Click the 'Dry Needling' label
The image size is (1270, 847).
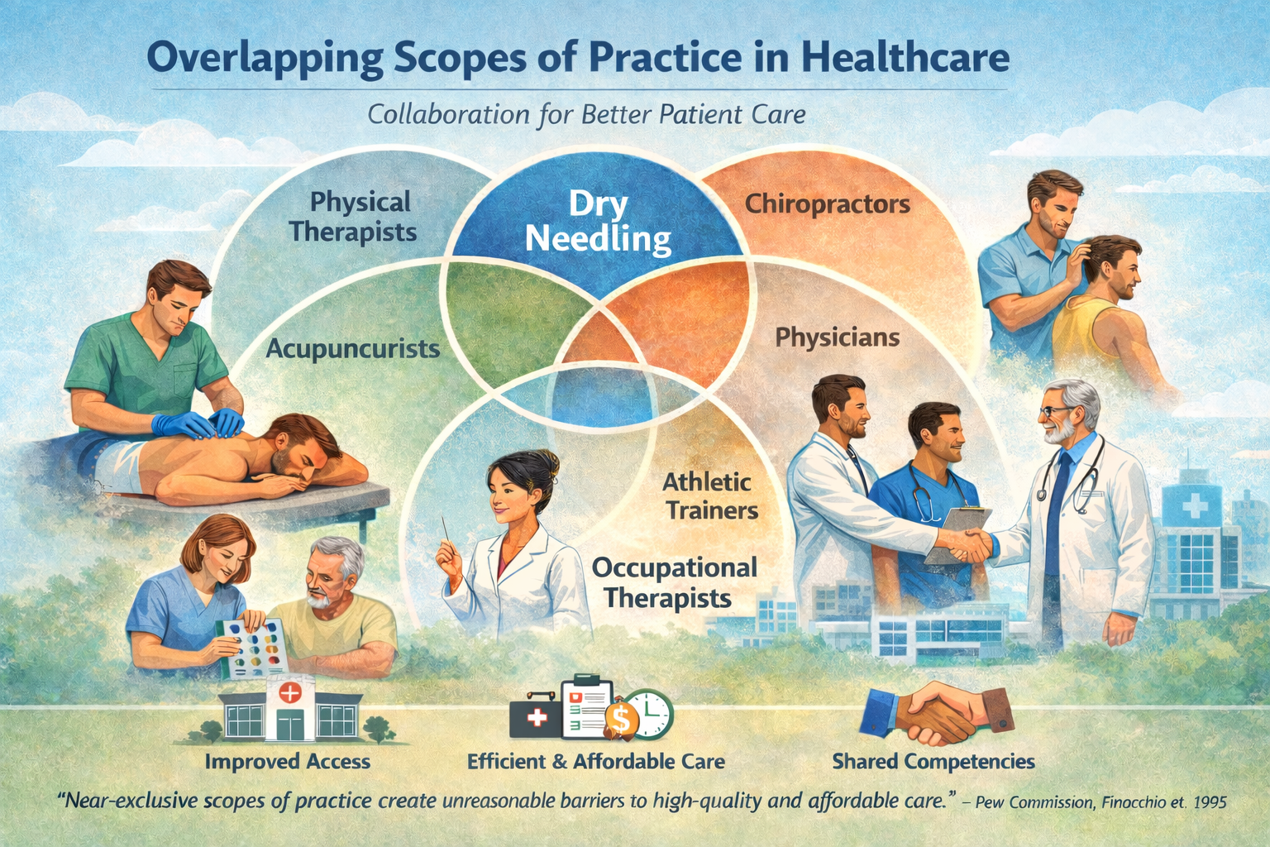598,222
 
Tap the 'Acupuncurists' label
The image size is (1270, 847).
353,348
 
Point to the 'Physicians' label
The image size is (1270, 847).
838,337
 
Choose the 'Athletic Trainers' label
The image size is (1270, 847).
710,495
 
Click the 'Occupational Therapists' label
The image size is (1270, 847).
674,583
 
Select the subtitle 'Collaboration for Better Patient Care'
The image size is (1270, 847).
586,115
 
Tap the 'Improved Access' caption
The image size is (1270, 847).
288,761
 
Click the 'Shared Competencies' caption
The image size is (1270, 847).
933,761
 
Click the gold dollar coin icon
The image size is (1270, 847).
621,720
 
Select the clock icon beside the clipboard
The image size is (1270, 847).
652,712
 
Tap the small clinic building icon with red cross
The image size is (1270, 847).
290,711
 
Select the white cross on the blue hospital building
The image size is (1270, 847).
1194,505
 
